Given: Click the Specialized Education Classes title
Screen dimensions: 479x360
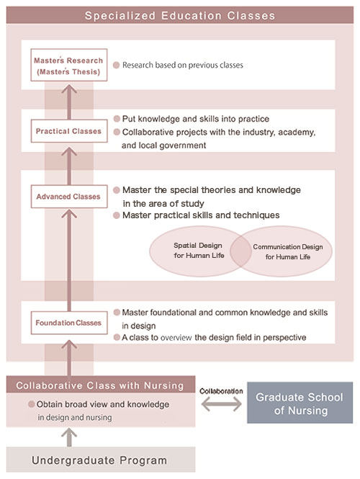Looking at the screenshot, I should [x=179, y=15].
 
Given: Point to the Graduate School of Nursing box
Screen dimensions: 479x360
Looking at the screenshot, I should [x=300, y=405].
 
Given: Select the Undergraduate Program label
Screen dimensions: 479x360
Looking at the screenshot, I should [x=99, y=460].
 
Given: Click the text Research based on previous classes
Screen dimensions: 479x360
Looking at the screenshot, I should [x=183, y=65].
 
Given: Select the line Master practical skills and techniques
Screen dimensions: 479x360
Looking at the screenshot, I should [x=201, y=215].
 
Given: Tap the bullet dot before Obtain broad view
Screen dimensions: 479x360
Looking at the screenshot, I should [x=31, y=404].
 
